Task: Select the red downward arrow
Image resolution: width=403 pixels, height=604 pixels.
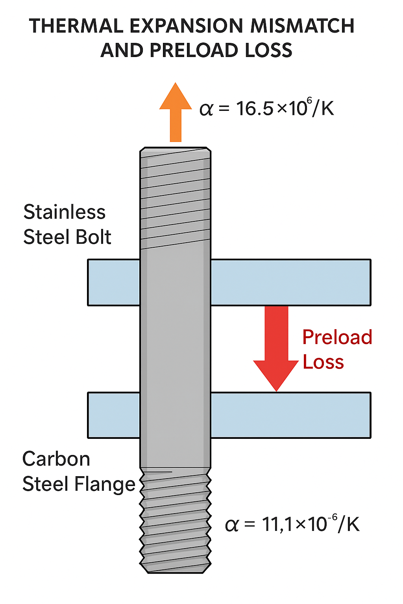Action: [276, 346]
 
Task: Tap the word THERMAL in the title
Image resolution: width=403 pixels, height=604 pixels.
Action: [76, 26]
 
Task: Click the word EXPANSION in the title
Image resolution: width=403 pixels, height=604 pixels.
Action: [187, 26]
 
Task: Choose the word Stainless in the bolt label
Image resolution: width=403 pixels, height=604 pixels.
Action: [65, 212]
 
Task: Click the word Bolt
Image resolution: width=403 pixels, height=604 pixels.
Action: [94, 237]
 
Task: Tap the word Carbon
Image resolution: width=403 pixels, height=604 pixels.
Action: [56, 459]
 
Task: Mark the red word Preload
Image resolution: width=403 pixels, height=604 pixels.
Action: [337, 337]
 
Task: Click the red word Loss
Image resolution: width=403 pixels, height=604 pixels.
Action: [323, 362]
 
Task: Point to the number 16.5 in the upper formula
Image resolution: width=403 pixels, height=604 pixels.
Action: [255, 109]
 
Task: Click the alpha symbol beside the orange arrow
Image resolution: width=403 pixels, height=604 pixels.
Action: [206, 109]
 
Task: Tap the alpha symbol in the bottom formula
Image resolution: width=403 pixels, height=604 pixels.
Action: [231, 525]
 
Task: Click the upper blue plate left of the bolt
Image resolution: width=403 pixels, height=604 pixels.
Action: [114, 282]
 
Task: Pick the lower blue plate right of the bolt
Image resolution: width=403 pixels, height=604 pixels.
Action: [290, 415]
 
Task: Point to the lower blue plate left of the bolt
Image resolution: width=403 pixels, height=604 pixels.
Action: [114, 415]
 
